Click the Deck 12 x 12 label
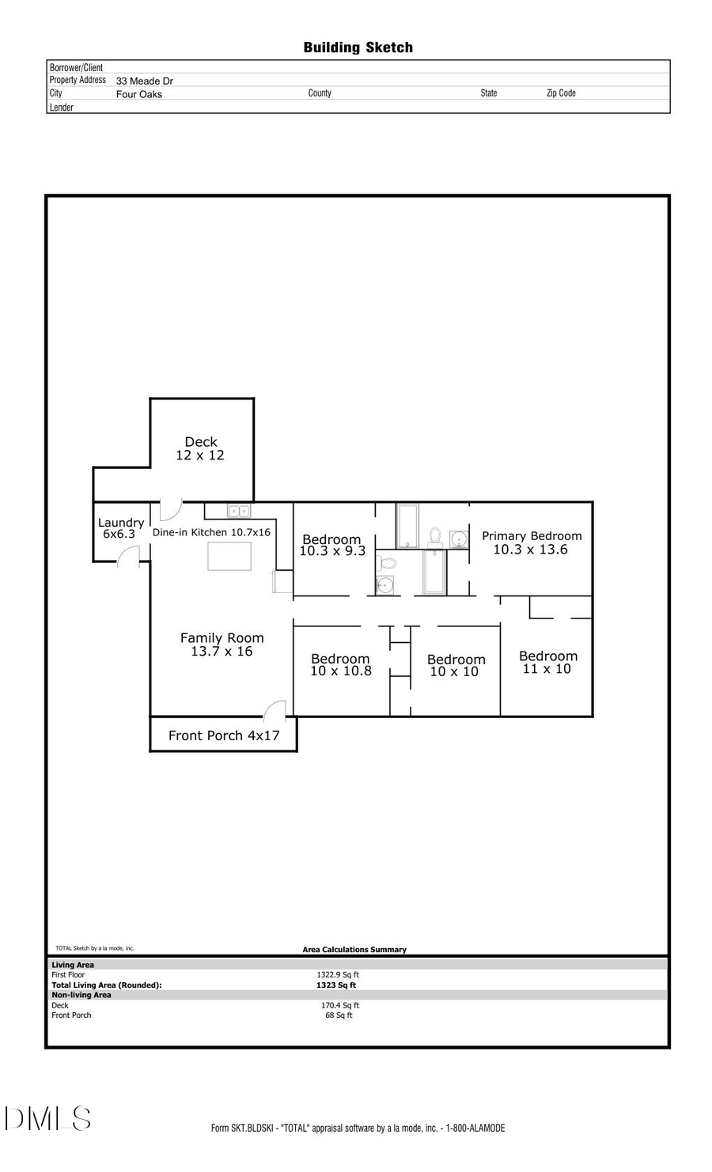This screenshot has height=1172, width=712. tap(200, 448)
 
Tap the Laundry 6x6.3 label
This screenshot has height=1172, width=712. tap(120, 528)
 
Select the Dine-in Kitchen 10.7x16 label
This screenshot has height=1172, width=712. tap(211, 532)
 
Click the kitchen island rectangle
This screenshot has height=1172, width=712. tap(229, 556)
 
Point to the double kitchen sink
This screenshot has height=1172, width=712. tap(239, 511)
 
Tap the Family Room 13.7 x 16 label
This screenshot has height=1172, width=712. tap(222, 645)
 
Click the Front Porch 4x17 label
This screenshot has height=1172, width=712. tap(224, 735)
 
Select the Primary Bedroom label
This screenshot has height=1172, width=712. tap(532, 543)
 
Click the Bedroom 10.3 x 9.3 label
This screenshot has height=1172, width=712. tap(332, 545)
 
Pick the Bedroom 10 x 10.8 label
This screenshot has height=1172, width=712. tap(340, 664)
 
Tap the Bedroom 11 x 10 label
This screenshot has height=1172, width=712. tap(547, 662)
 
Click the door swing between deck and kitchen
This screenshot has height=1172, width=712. tap(170, 509)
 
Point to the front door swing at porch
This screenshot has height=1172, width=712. tap(275, 709)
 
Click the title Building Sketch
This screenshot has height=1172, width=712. tap(358, 47)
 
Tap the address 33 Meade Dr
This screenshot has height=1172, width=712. tap(144, 81)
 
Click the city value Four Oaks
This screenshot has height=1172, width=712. tap(138, 94)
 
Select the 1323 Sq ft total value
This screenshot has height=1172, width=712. tap(336, 985)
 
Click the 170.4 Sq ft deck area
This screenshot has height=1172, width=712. tap(339, 1005)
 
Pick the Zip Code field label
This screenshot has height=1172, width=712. tap(561, 93)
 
